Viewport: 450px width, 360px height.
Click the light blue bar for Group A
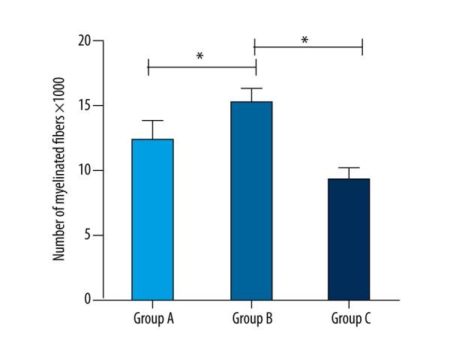point(153,219)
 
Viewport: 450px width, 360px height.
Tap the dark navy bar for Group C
point(349,238)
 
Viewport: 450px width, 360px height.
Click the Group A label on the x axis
point(153,319)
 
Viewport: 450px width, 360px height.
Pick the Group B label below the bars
point(251,319)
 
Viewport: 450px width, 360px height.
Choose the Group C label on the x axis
point(351,319)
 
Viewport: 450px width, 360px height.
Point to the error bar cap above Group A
point(153,121)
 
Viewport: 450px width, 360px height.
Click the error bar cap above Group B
point(251,88)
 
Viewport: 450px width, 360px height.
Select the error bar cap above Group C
point(349,168)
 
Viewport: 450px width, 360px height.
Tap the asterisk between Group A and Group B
point(200,57)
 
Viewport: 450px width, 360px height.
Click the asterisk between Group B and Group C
point(304,40)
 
